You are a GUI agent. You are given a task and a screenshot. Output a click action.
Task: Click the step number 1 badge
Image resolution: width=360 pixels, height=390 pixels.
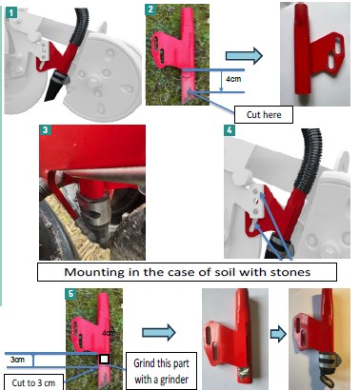coord(11,13)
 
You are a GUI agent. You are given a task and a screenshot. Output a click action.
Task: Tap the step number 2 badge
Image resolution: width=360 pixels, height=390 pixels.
coord(150,10)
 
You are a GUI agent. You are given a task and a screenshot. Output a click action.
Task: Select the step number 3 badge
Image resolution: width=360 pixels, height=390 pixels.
coord(45,130)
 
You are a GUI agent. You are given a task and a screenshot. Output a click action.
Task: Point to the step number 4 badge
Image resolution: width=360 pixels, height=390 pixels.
coord(230,130)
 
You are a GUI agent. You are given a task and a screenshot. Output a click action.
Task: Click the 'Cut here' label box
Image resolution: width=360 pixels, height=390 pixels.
coord(264,114)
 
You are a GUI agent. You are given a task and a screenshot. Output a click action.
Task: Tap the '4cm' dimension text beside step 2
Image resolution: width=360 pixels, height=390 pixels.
coord(233,79)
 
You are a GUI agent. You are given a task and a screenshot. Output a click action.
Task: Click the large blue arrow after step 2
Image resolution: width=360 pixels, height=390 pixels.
coord(244,56)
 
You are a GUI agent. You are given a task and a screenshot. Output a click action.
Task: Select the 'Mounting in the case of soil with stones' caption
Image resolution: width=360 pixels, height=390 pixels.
coord(187,272)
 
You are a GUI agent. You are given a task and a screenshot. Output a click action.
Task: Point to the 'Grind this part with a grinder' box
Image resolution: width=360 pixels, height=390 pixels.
coord(161,371)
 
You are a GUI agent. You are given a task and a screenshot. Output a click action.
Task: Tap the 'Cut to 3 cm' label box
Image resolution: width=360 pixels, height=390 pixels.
coord(33,382)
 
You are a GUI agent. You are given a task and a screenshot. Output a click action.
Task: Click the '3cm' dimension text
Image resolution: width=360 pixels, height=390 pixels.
coord(17,360)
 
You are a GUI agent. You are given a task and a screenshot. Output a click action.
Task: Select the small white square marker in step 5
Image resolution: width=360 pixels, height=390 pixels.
coord(105,360)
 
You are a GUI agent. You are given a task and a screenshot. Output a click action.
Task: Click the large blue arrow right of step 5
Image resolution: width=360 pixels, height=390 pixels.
coord(158,333)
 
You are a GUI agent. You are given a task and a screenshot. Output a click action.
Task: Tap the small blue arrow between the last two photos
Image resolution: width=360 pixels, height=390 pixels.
coord(278,335)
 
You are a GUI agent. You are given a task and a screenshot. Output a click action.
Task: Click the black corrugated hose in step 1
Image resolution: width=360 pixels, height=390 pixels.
coord(80,27)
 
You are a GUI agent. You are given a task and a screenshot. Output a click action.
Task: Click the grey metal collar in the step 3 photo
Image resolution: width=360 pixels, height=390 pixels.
coord(94,210)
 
